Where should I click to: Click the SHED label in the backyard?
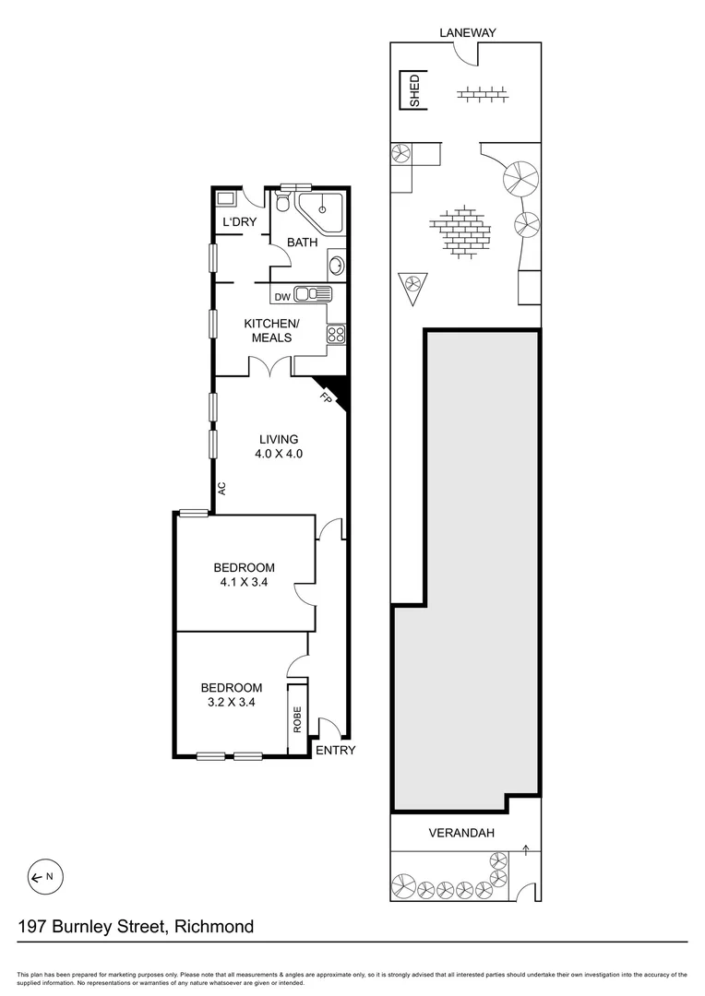coord(414,91)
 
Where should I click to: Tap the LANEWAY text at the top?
coord(468,32)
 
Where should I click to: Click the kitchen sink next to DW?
coord(313,295)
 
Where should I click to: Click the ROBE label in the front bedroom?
coord(297,719)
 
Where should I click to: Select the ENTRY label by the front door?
coord(335,750)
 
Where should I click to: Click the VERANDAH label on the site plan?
coord(461,833)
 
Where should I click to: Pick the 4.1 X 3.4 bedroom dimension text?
coord(245,582)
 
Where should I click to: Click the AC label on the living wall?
coord(222,489)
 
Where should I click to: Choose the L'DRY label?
coord(239,222)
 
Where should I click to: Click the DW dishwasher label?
coord(282,296)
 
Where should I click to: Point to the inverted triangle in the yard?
coord(412,288)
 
